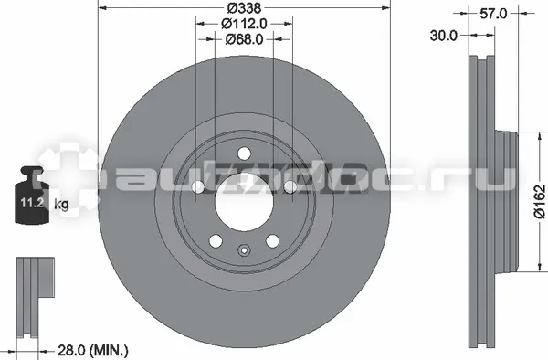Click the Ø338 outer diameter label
coord(244,7)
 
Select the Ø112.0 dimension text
coord(244,24)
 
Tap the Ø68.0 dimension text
coord(244,39)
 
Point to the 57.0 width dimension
coord(493,14)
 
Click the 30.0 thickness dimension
coord(443,36)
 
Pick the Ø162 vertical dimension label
coord(539,202)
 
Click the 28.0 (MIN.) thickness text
coord(92,350)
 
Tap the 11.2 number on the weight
coord(32,202)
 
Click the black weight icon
coord(32,195)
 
